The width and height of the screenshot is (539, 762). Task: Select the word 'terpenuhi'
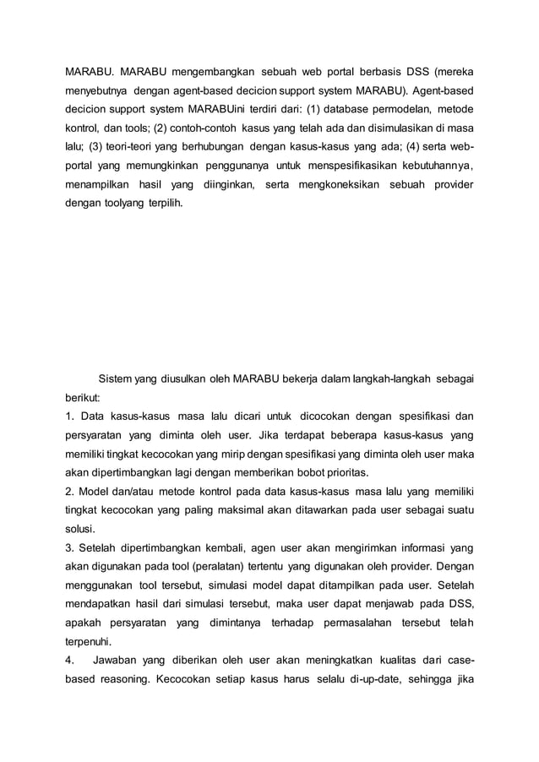(x=88, y=641)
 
